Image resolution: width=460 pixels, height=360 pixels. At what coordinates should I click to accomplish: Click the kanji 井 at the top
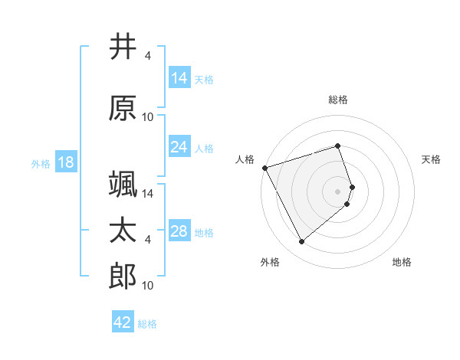123,47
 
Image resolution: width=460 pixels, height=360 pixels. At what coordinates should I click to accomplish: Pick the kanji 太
123,231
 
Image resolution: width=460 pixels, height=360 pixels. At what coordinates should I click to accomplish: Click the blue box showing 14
179,77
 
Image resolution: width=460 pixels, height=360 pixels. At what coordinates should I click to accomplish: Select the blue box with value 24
179,147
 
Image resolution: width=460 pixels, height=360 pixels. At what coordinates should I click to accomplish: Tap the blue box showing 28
179,231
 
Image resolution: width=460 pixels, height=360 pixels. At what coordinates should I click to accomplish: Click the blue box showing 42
123,322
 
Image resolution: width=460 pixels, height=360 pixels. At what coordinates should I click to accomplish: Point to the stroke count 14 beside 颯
149,195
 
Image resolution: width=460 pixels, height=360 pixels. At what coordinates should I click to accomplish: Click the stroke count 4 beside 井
148,56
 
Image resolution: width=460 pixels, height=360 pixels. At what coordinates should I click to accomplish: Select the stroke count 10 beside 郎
149,286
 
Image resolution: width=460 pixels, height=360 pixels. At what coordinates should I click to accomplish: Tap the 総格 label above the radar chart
338,100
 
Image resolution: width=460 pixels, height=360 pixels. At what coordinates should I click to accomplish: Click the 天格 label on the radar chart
431,159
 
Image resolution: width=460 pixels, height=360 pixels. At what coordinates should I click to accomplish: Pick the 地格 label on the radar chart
402,262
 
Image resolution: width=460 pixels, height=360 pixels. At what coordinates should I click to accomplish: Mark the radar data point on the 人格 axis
264,167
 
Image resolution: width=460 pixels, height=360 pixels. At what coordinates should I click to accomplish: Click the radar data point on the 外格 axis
301,242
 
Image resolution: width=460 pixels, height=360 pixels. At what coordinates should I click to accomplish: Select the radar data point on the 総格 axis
338,146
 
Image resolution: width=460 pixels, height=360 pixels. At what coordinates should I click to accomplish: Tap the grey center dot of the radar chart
338,191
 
